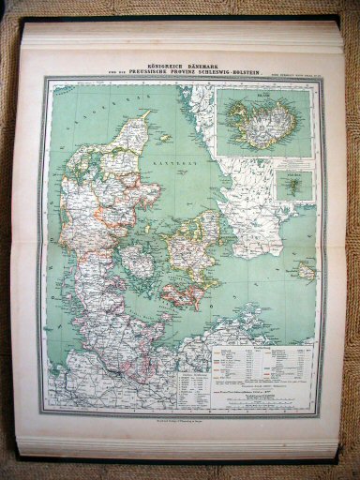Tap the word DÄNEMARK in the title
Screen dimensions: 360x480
pos(202,62)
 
